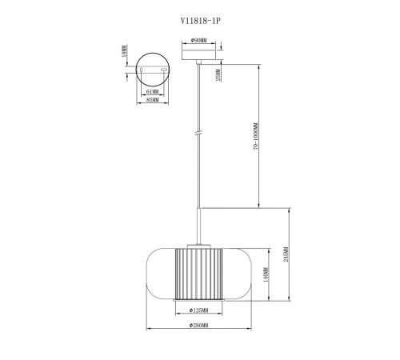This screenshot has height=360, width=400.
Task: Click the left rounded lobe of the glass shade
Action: click(160, 272)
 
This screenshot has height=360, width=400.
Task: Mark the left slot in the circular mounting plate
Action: click(141, 71)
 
